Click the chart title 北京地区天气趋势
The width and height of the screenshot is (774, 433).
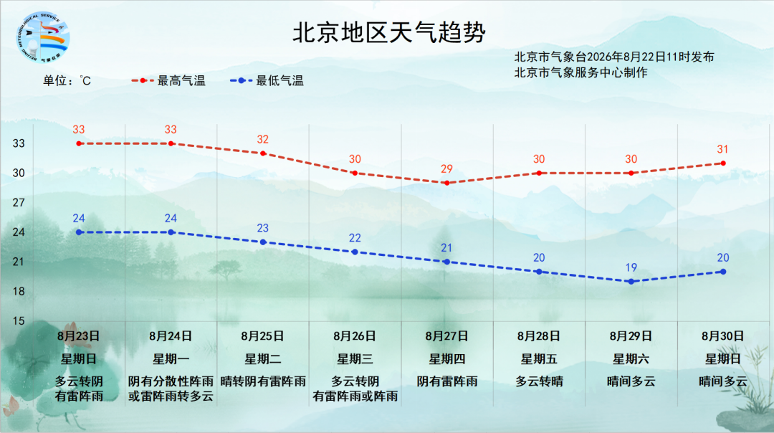tap(389, 32)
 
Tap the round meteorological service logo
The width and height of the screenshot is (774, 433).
tap(42, 37)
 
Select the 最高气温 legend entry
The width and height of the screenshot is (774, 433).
tap(168, 80)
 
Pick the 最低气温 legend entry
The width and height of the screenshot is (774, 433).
tap(267, 80)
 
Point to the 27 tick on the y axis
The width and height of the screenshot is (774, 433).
tap(19, 202)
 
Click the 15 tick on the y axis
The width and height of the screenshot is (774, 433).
tap(19, 321)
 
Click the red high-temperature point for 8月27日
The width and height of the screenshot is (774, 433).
tap(446, 184)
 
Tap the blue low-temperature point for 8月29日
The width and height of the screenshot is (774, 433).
tap(631, 282)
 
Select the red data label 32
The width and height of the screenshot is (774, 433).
tap(262, 139)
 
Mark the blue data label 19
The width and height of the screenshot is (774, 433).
tap(631, 267)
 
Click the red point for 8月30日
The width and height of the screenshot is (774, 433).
tap(723, 163)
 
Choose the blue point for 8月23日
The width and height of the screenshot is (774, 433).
tap(79, 232)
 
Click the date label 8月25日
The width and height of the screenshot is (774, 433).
tap(262, 336)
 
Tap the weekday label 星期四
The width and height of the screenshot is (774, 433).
tap(446, 359)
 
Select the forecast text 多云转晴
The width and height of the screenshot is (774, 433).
tap(539, 381)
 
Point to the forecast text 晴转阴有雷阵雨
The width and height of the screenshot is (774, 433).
tap(262, 381)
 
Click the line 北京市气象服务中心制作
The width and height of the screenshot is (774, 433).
tap(580, 72)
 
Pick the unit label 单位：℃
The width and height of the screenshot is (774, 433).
tap(67, 80)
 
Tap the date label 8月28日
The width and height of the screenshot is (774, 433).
tap(539, 336)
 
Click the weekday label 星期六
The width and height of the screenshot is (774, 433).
tap(631, 359)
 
